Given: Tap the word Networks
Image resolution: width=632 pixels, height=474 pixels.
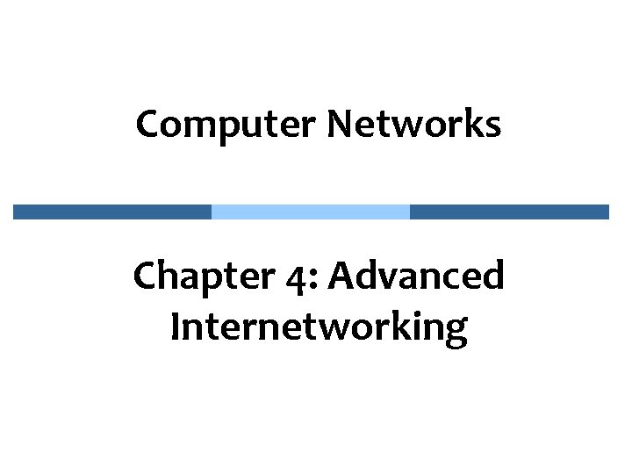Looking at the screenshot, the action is click(x=414, y=125).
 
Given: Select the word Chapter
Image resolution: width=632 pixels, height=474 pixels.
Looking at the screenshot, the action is click(x=185, y=277).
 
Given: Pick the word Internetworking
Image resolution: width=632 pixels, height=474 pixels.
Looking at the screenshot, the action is click(x=320, y=327).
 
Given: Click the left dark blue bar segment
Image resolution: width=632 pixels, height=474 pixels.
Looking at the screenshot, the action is click(x=112, y=212).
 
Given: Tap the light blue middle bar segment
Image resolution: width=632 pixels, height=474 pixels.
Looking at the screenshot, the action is click(x=311, y=212).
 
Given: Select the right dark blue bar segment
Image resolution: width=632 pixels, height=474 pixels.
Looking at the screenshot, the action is click(x=509, y=212).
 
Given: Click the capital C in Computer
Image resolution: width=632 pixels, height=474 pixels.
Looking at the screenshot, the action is click(x=147, y=125).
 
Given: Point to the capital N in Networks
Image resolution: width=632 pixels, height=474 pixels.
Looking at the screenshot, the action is click(x=340, y=125).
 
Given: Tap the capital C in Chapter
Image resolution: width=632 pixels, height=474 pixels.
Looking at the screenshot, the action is click(x=144, y=277).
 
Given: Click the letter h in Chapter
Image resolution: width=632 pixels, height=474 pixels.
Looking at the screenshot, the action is click(x=165, y=277).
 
